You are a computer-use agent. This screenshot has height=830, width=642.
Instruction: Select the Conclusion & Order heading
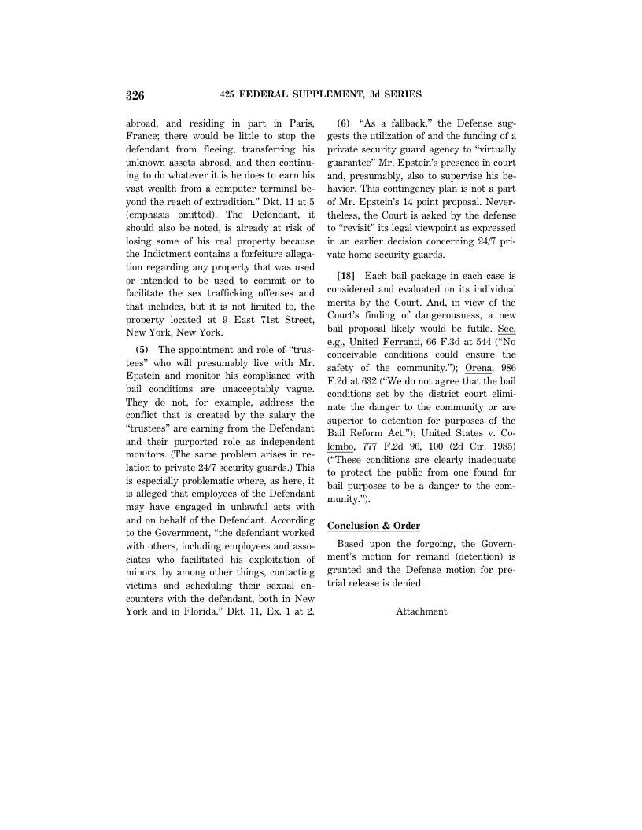(374, 526)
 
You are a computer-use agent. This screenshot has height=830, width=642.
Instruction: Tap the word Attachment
(421, 611)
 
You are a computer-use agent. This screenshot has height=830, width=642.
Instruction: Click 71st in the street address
(260, 319)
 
